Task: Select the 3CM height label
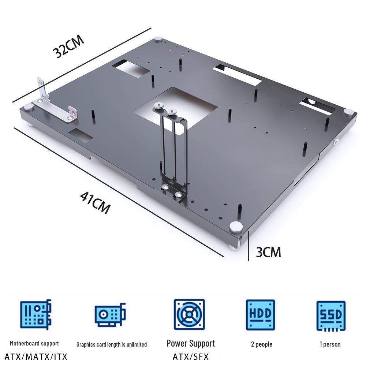point(268,252)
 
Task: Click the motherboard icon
point(36,314)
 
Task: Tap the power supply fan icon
point(189,314)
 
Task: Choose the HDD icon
point(260,314)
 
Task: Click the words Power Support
point(190,343)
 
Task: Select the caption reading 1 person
point(330,344)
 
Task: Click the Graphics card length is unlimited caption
point(112,344)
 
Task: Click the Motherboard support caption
point(34,343)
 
